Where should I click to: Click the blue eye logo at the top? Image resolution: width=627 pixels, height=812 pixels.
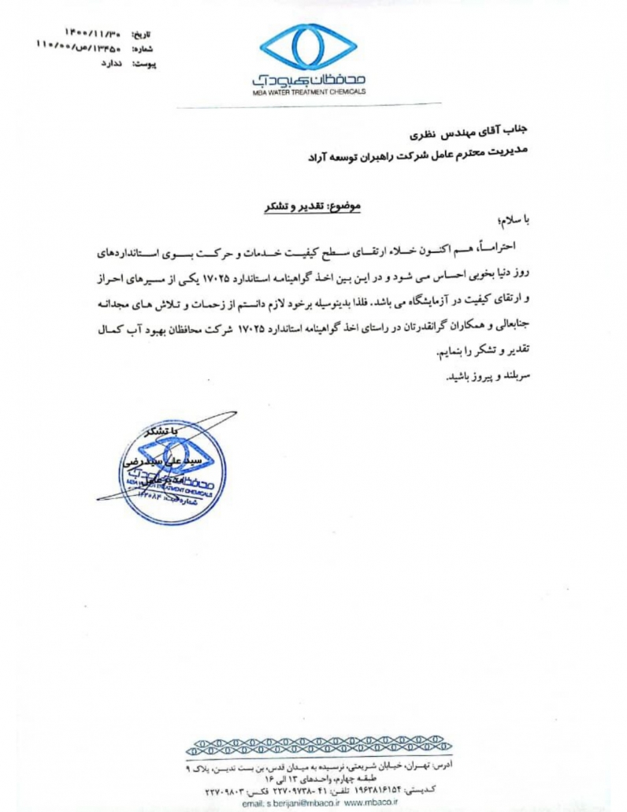point(308,48)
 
